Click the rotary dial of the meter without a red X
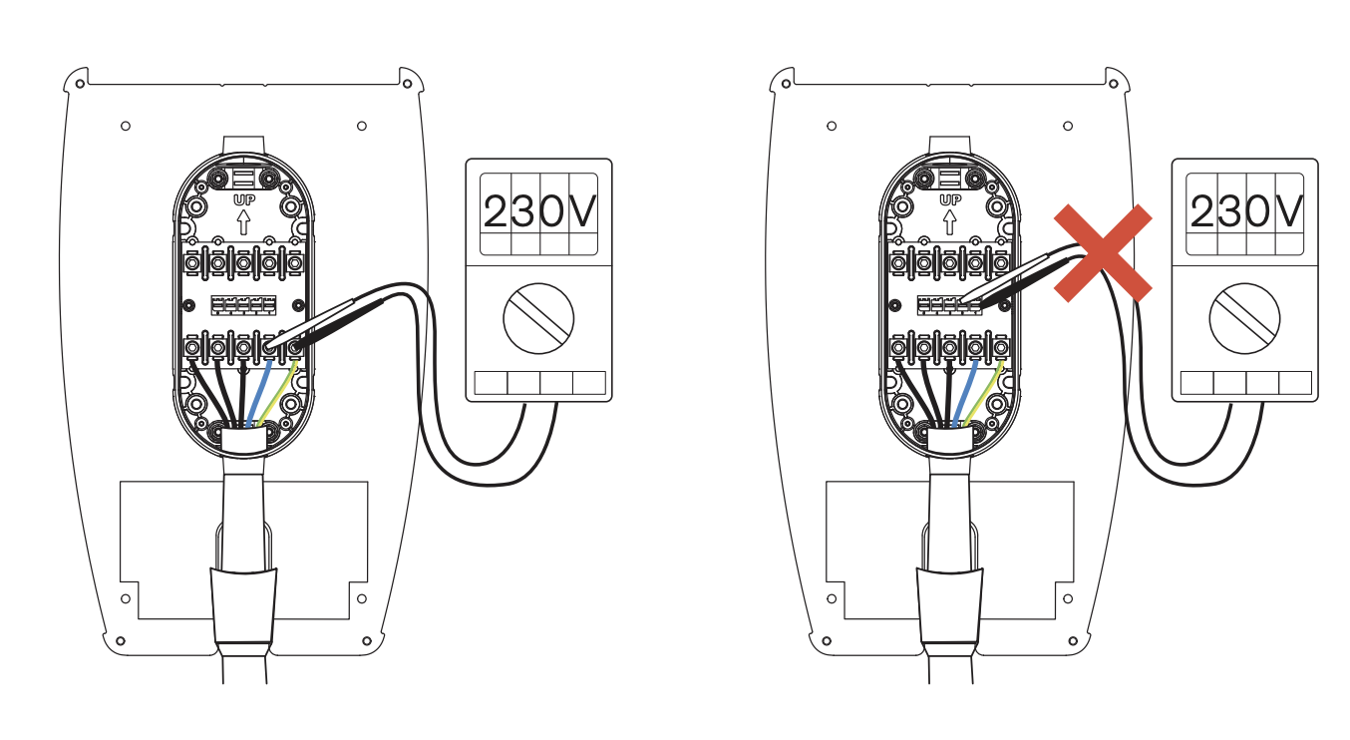pyautogui.click(x=539, y=321)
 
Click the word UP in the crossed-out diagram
pyautogui.click(x=949, y=200)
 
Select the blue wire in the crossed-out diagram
pyautogui.click(x=965, y=391)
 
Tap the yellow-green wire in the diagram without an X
pyautogui.click(x=286, y=391)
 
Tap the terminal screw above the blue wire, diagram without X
pyautogui.click(x=269, y=347)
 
